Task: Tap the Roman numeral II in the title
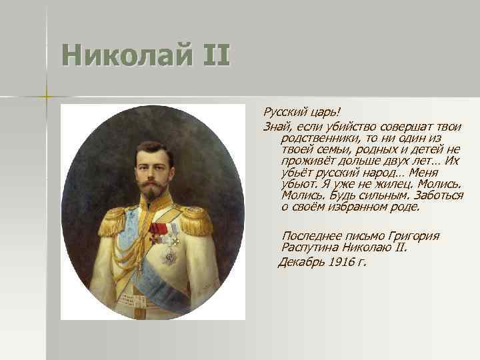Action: [211, 55]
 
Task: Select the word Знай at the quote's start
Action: [276, 127]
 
